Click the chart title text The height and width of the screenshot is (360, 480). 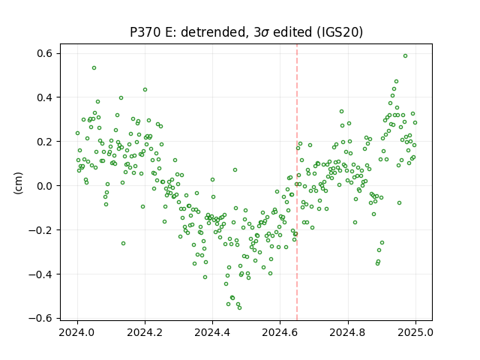pyautogui.click(x=247, y=32)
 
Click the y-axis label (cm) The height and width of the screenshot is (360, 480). pyautogui.click(x=18, y=183)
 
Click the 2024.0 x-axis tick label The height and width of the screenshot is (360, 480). pyautogui.click(x=77, y=332)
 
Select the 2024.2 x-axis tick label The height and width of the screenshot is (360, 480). pyautogui.click(x=145, y=332)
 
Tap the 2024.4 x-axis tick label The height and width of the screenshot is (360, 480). pyautogui.click(x=212, y=332)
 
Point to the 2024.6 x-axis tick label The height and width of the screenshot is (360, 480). pyautogui.click(x=280, y=332)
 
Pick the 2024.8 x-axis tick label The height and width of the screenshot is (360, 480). pyautogui.click(x=348, y=332)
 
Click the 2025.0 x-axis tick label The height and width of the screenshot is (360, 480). pyautogui.click(x=415, y=332)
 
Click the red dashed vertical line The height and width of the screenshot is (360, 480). pyautogui.click(x=297, y=182)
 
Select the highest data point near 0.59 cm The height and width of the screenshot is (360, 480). pyautogui.click(x=405, y=56)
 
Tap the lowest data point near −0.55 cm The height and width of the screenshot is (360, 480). pyautogui.click(x=240, y=307)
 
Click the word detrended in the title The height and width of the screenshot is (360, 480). pyautogui.click(x=214, y=32)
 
